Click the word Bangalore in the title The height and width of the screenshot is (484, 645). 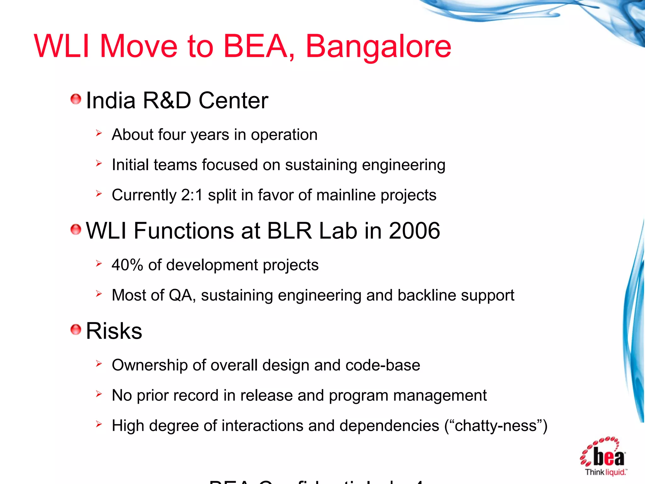coord(378,47)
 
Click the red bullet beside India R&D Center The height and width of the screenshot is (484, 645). coord(76,99)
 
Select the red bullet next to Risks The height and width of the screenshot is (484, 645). coord(76,330)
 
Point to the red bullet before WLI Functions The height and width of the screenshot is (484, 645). coord(76,229)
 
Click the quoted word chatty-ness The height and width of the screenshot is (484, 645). coord(495,426)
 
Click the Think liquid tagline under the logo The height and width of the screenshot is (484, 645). coord(605,472)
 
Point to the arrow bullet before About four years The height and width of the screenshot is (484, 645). coord(99,133)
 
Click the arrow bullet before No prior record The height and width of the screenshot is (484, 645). coord(99,394)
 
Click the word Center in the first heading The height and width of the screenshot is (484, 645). coord(233,101)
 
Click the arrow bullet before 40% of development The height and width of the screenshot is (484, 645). coord(99,263)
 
